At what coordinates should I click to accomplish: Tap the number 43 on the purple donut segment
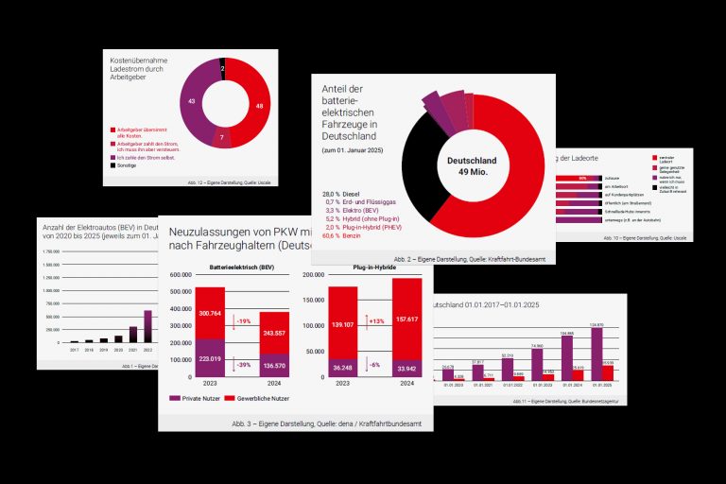(192, 101)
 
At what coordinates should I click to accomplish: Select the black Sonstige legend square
(113, 164)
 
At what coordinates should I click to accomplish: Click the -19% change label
(244, 320)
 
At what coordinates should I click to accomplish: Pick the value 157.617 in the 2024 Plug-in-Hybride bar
(407, 318)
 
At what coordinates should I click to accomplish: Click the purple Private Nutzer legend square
(174, 398)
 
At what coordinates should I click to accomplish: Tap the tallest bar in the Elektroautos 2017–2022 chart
(147, 325)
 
